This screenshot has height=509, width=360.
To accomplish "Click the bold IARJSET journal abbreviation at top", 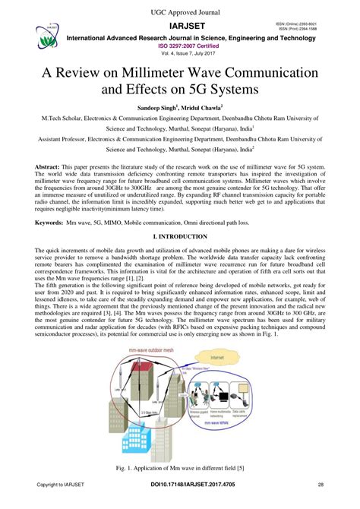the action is coord(180,26).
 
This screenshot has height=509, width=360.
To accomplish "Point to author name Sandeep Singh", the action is coord(158,109).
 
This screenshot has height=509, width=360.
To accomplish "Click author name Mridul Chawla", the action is coord(203,109).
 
